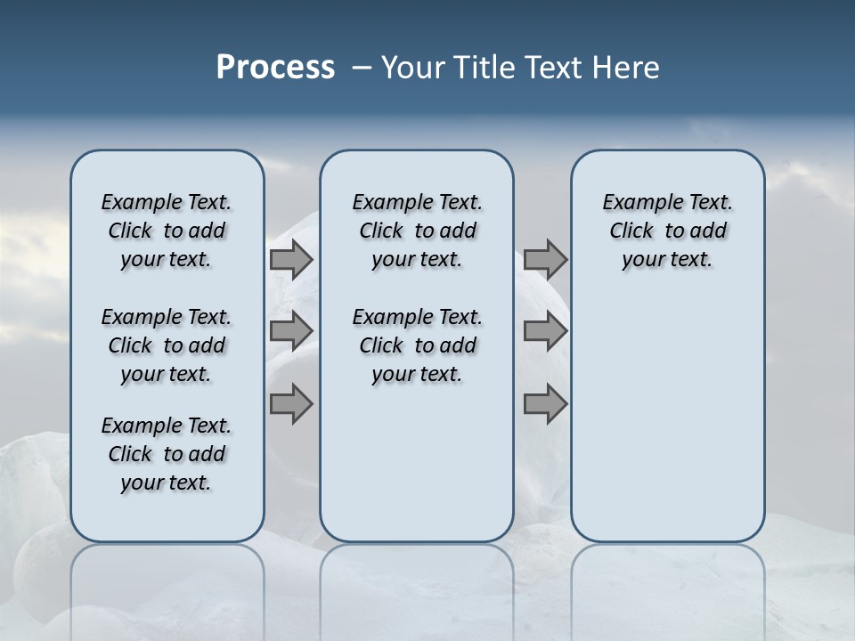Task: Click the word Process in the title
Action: [x=275, y=67]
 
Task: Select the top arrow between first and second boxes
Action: [x=291, y=259]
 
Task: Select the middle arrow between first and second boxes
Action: [x=291, y=331]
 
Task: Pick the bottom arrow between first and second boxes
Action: [x=291, y=404]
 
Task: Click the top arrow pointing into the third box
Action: [x=545, y=259]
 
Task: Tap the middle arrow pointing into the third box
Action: [x=545, y=331]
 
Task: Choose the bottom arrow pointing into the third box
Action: [x=545, y=404]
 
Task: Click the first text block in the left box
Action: [x=167, y=231]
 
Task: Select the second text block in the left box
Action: [x=167, y=345]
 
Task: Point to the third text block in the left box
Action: [x=167, y=454]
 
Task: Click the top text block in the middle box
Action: [x=417, y=231]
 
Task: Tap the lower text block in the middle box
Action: [x=417, y=345]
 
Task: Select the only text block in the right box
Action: [x=667, y=231]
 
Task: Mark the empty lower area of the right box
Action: [x=667, y=418]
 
